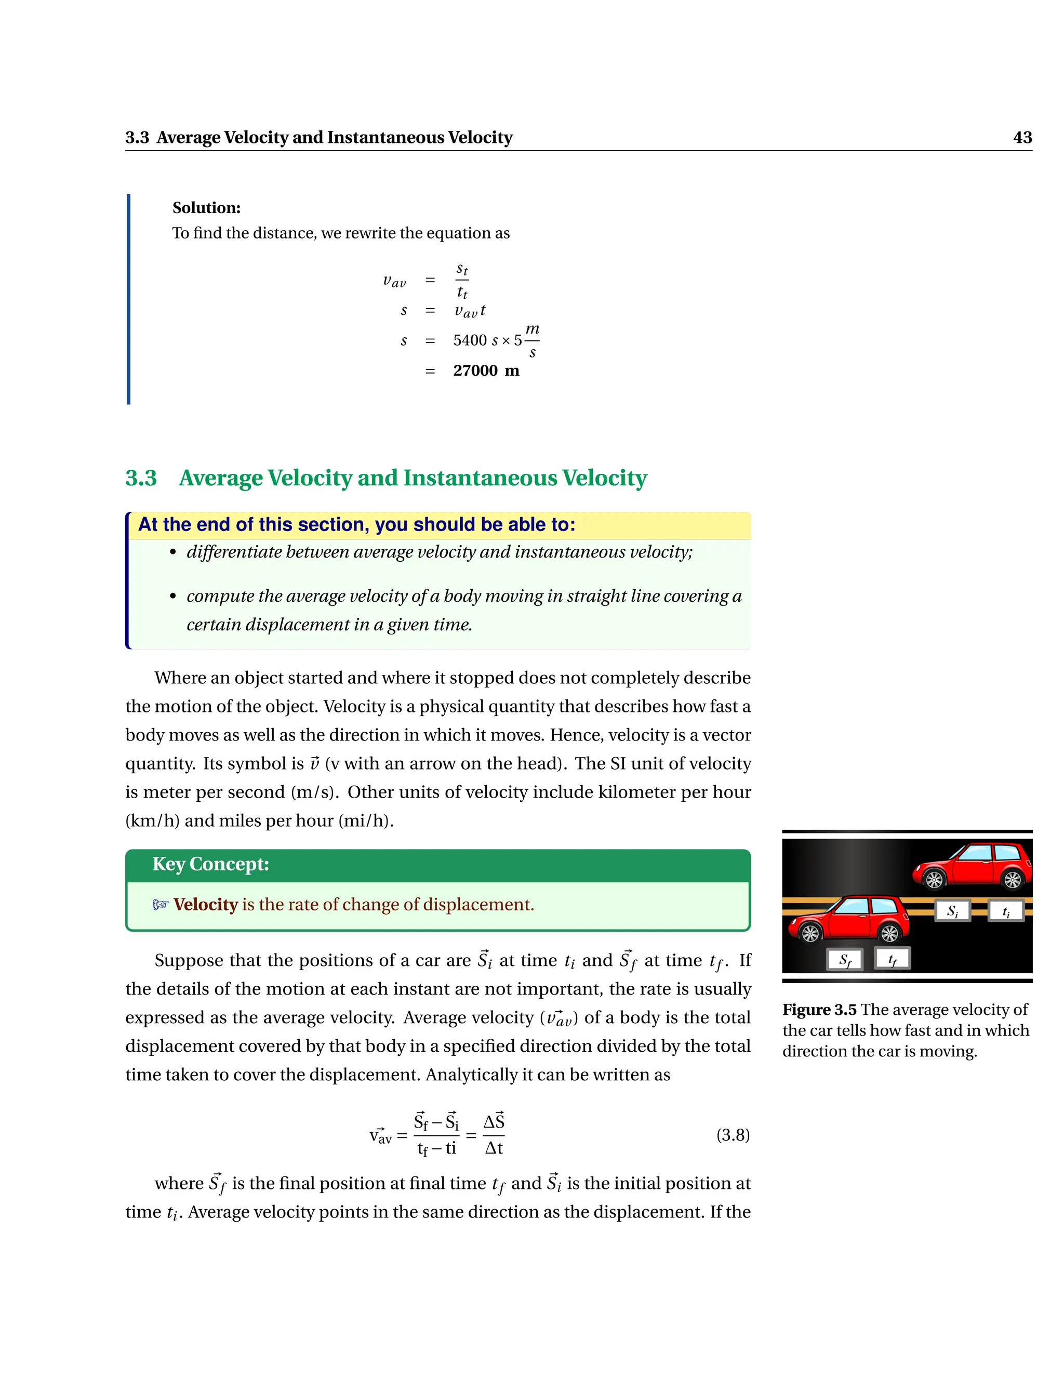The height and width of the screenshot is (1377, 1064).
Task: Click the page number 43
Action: click(1022, 138)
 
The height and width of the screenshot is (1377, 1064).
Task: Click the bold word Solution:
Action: click(206, 207)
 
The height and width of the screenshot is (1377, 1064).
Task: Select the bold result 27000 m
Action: click(486, 370)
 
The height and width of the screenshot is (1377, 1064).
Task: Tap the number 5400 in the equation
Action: click(470, 340)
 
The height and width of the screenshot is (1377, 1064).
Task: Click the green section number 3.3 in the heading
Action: click(141, 478)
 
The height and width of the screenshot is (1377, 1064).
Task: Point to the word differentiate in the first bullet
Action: click(234, 552)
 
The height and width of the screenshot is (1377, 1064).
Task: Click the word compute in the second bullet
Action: click(220, 596)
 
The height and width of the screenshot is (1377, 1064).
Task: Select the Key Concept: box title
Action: click(210, 864)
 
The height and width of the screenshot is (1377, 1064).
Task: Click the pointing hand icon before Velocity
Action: click(161, 905)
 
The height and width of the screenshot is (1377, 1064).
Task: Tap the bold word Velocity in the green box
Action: click(206, 905)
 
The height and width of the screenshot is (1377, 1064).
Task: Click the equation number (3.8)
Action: click(733, 1135)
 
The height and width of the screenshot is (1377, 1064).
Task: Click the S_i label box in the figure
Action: click(952, 910)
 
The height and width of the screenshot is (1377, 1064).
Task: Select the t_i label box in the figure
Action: click(1005, 910)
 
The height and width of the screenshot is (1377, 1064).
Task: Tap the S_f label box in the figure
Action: click(845, 960)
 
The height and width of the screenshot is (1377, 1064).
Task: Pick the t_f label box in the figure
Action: click(892, 959)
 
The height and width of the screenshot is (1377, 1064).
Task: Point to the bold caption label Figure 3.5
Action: click(819, 1010)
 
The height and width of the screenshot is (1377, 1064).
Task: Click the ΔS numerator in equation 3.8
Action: click(494, 1122)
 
